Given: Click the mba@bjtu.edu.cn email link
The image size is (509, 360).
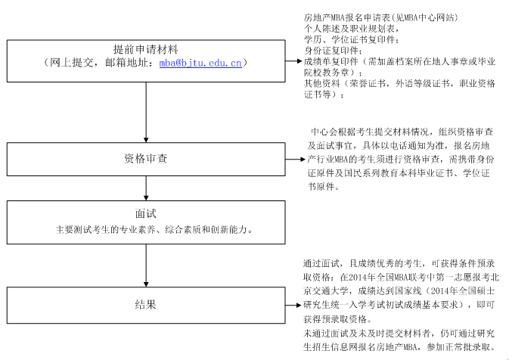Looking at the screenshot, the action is [x=200, y=63].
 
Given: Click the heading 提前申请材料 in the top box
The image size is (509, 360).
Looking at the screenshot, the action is [x=146, y=49].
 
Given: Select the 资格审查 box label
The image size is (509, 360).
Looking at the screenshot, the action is [x=146, y=158].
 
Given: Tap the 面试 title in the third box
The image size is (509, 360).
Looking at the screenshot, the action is [x=146, y=213].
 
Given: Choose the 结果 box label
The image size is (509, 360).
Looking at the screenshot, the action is [x=146, y=305].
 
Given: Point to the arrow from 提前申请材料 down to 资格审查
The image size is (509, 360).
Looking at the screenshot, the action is [x=146, y=113].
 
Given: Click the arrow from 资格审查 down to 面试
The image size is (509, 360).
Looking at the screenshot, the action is [x=146, y=188].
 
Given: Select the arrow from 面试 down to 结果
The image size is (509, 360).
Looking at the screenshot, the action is [x=146, y=265].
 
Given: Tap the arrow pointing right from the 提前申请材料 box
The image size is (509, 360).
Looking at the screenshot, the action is [x=293, y=61].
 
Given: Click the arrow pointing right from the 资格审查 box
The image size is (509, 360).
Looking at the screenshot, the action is [x=296, y=160].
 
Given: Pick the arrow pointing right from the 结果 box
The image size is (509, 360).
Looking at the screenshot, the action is [x=293, y=305].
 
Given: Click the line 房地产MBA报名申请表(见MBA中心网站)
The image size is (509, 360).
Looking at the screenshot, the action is [x=380, y=17].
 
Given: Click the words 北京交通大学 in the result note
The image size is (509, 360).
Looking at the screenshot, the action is [x=331, y=284].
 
